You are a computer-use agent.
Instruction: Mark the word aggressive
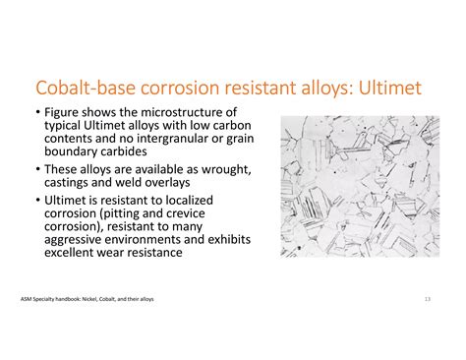(78, 241)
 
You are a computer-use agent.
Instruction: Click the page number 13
(428, 298)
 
